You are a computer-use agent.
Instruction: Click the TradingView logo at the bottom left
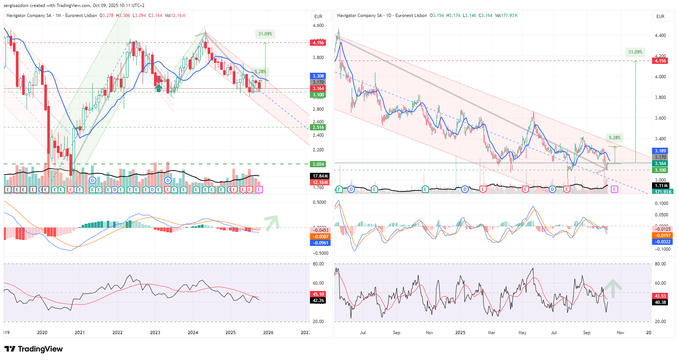[x=34, y=349]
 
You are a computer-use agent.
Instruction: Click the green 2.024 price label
[x=318, y=164]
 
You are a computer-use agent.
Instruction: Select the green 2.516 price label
[x=318, y=127]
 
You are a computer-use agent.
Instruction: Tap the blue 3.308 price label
[x=318, y=76]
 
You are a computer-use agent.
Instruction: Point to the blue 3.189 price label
[x=660, y=151]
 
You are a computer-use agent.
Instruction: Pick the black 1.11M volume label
[x=661, y=186]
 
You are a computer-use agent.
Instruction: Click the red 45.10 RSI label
[x=318, y=294]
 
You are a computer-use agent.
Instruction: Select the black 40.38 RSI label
[x=660, y=302]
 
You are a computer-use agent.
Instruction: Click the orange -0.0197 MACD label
[x=662, y=236]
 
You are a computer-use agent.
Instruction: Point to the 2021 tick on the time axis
[x=80, y=333]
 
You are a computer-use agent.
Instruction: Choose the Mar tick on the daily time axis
[x=491, y=333]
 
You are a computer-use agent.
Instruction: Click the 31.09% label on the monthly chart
[x=265, y=34]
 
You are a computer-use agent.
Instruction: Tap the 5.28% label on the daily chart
[x=615, y=138]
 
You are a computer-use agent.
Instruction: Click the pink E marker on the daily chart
[x=614, y=189]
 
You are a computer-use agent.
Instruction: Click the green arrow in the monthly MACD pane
[x=272, y=222]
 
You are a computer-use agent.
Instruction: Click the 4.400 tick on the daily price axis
[x=660, y=35]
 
